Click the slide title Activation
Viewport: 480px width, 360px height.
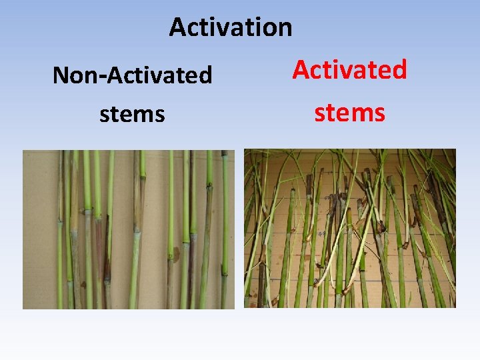coord(231,27)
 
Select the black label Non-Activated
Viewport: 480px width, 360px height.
coord(132,75)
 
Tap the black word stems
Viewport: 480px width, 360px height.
coord(132,114)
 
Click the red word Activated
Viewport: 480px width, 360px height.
coord(350,69)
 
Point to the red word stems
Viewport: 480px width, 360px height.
coord(350,113)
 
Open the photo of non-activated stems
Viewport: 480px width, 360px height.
coord(129,229)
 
